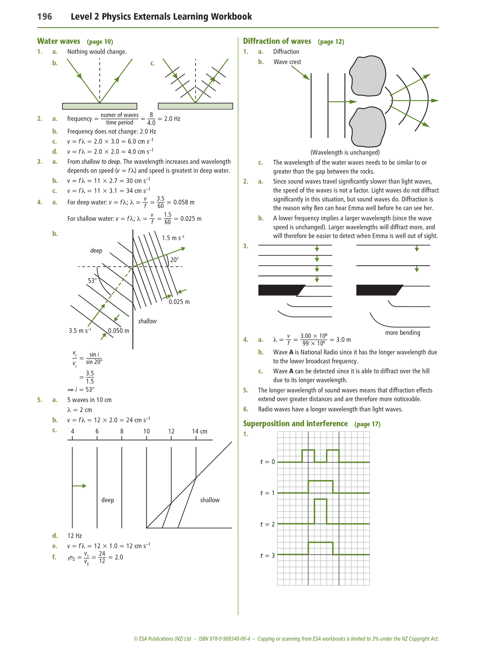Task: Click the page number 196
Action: coord(45,17)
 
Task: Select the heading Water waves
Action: coord(59,41)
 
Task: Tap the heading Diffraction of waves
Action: coord(277,41)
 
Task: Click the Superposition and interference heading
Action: coord(295,424)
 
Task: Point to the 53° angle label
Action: coord(92,281)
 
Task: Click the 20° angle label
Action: coord(175,260)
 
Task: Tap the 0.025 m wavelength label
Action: coord(179,302)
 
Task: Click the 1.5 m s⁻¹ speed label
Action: coord(173,238)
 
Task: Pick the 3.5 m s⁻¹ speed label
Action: coord(80,331)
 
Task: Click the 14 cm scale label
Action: coord(199,431)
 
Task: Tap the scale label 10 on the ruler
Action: coord(147,431)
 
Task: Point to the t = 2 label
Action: coord(267,524)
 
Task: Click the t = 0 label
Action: coord(267,462)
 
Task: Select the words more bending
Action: coord(402,333)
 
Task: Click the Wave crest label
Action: coord(287,62)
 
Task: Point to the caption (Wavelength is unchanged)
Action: coord(345,153)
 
